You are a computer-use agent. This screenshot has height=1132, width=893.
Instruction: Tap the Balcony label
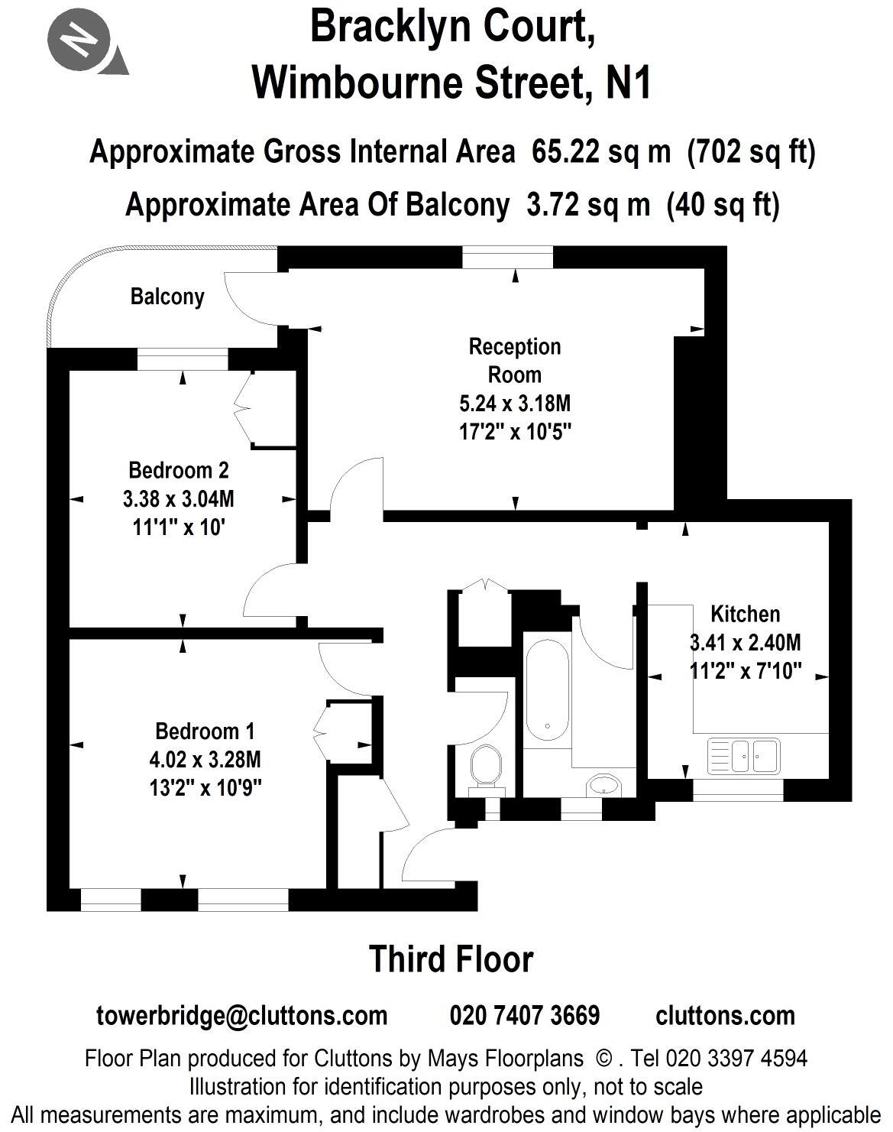tap(167, 297)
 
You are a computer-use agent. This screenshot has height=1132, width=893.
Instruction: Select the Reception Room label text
tap(514, 360)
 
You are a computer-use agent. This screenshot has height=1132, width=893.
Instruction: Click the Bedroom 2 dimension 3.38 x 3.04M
tap(178, 499)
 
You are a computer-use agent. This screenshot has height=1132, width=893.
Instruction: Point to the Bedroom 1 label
tap(204, 731)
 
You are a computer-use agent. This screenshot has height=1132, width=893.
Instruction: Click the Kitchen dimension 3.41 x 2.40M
tap(745, 643)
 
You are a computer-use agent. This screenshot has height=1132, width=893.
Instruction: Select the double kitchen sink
tap(743, 755)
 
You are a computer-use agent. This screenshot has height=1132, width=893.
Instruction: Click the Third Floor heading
tap(451, 959)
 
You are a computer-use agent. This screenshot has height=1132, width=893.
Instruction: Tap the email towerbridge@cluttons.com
tap(242, 1016)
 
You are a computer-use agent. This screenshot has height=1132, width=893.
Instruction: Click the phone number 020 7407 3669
tap(525, 1016)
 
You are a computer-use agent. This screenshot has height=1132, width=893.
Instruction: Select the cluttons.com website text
tap(725, 1016)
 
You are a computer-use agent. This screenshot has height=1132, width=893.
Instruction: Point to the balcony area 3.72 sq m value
tap(588, 205)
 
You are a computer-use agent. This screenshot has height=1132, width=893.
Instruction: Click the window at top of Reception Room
tap(507, 258)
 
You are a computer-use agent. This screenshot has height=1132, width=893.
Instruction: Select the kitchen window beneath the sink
tap(738, 790)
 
